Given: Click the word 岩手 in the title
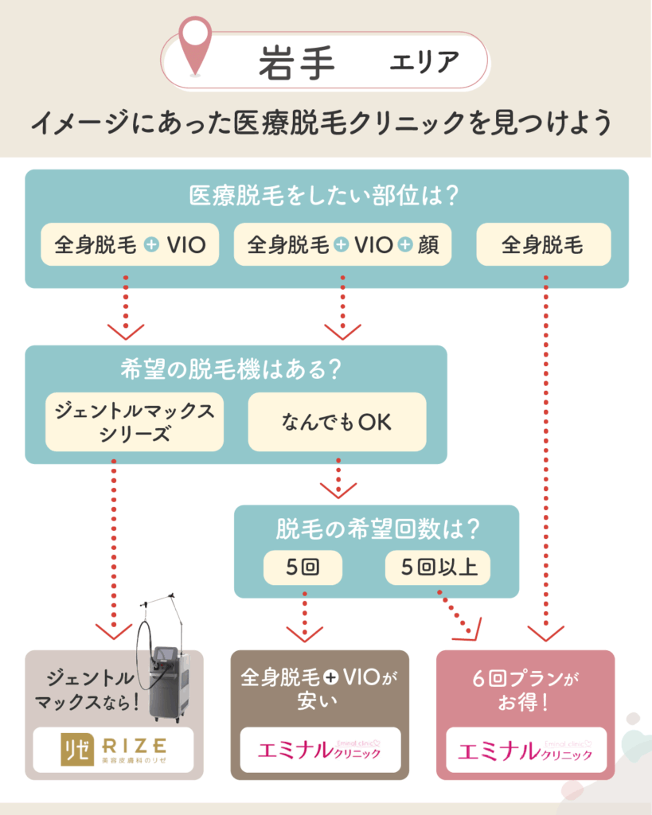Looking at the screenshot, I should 296,61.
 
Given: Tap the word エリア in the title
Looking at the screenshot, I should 424,62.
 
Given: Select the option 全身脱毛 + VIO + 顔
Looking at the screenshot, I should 342,244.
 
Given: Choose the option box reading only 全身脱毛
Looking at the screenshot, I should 543,244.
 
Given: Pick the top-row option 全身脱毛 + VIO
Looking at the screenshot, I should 130,244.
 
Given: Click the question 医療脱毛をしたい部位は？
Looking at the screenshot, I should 326,195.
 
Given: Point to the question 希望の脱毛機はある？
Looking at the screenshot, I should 236,369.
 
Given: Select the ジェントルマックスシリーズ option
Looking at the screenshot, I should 134,422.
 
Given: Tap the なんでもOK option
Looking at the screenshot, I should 337,422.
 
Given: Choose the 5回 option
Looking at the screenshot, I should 303,568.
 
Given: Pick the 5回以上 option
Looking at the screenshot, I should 437,568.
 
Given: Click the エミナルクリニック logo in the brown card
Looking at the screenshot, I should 320,750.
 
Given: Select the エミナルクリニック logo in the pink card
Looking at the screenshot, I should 525,750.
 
